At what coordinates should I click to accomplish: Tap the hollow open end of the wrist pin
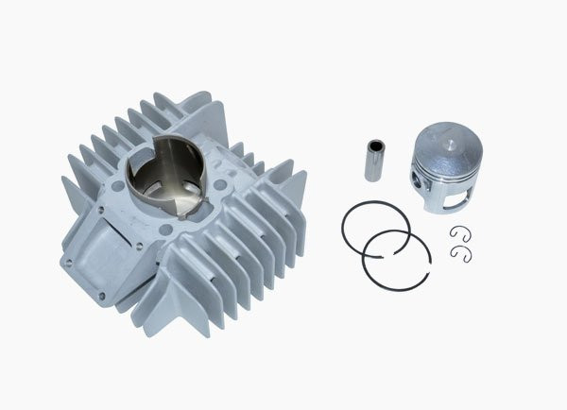tap(374, 147)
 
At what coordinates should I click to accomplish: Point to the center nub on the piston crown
tap(447, 145)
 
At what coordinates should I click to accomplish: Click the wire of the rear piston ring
tap(344, 227)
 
